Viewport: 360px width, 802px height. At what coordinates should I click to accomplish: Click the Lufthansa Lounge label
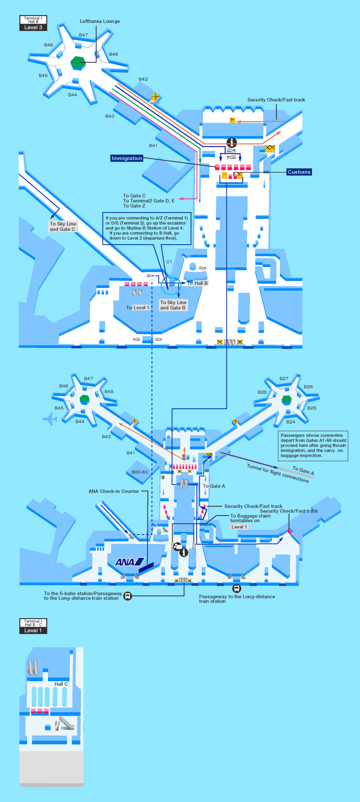click(99, 21)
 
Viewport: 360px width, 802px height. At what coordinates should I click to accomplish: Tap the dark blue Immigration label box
click(127, 158)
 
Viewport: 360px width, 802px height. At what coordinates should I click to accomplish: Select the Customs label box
click(299, 172)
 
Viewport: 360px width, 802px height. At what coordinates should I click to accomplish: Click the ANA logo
click(129, 562)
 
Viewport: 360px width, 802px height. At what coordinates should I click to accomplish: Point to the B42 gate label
click(143, 79)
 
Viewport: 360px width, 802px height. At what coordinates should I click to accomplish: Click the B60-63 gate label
click(140, 472)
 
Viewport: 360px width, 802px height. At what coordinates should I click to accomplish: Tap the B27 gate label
click(284, 379)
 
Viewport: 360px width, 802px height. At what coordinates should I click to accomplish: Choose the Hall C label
click(61, 684)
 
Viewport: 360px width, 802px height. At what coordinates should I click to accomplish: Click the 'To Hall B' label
click(197, 283)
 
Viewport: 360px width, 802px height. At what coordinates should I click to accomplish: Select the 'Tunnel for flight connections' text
click(278, 473)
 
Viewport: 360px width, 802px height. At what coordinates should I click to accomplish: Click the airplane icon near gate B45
click(50, 419)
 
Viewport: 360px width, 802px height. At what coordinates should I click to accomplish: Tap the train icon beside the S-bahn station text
click(128, 596)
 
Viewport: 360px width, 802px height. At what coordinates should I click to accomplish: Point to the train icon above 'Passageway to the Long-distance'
click(237, 588)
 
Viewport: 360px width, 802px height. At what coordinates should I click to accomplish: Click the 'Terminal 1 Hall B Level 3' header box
click(33, 23)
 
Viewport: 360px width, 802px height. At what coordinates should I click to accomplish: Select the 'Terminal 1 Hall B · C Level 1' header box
click(33, 626)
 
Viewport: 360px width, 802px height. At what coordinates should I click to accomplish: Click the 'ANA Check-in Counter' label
click(114, 491)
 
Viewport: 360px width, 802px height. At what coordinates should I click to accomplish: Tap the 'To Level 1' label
click(137, 308)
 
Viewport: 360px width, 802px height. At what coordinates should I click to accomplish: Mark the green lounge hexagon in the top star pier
click(78, 62)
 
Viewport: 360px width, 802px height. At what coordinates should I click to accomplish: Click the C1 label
click(169, 262)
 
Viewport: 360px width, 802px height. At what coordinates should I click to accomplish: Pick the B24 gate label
click(291, 422)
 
